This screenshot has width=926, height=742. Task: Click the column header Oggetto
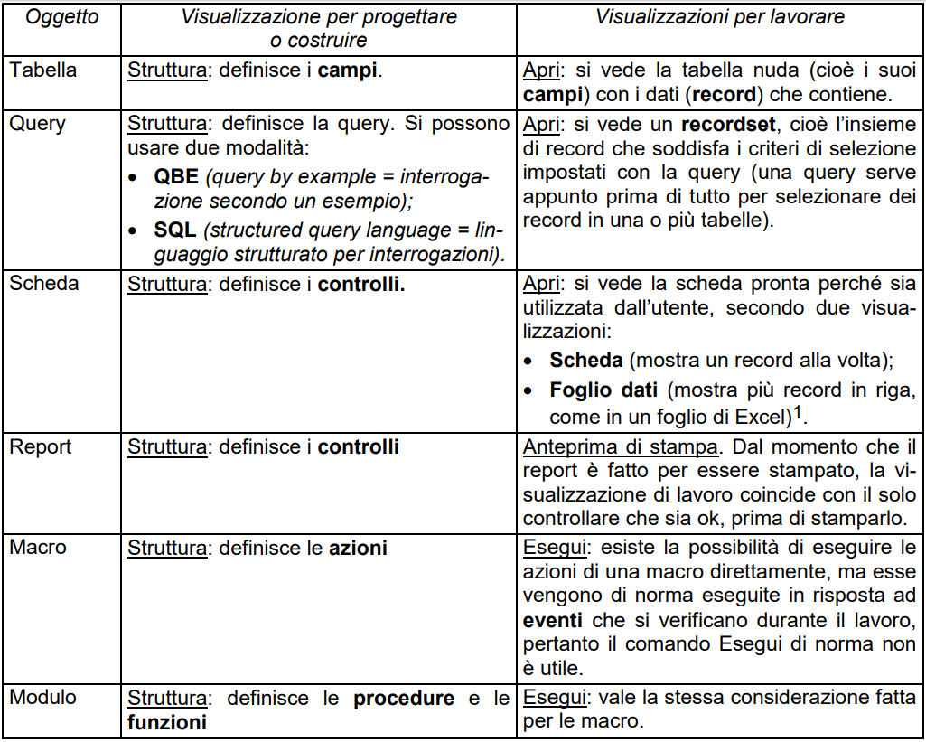[62, 17]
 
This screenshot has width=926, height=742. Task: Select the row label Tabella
[43, 70]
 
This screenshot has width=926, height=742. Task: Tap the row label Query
[37, 123]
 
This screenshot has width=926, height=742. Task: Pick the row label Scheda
[44, 283]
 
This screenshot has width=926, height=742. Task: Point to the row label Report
[40, 446]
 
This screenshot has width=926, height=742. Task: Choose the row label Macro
[38, 547]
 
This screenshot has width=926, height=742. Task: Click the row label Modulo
[43, 697]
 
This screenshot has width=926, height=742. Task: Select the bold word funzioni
[167, 722]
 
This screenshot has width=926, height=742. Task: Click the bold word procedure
[404, 698]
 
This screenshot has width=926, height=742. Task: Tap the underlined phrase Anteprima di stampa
[619, 447]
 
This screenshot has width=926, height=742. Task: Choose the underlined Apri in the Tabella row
[541, 70]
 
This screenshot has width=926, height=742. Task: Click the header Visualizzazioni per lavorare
[721, 17]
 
